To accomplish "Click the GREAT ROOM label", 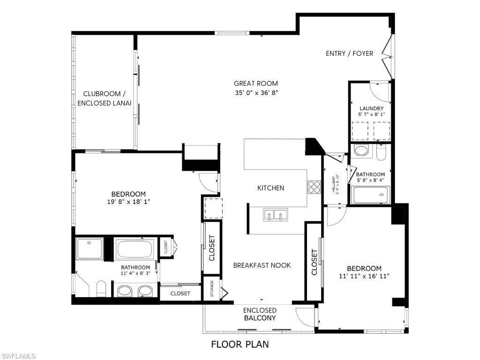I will pos(256,83).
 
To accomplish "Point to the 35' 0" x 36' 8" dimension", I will pos(256,93).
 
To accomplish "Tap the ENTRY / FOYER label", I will pos(349,53).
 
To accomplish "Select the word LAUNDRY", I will pos(372,108).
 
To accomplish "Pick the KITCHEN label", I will pos(270,188).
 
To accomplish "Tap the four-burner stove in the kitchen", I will pos(314,187).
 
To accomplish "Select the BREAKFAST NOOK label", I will pos(262,265).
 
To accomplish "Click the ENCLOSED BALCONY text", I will pos(260,314).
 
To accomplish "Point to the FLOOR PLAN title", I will pos(240,345).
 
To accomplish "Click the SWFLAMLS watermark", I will pos(19,357).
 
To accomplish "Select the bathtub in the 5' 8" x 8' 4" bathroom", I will pos(371,195).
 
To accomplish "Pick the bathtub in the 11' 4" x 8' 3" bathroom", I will pos(135,248).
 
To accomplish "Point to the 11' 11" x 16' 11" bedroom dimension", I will pos(364,276).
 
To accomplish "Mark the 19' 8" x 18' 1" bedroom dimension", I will pos(128,202).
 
